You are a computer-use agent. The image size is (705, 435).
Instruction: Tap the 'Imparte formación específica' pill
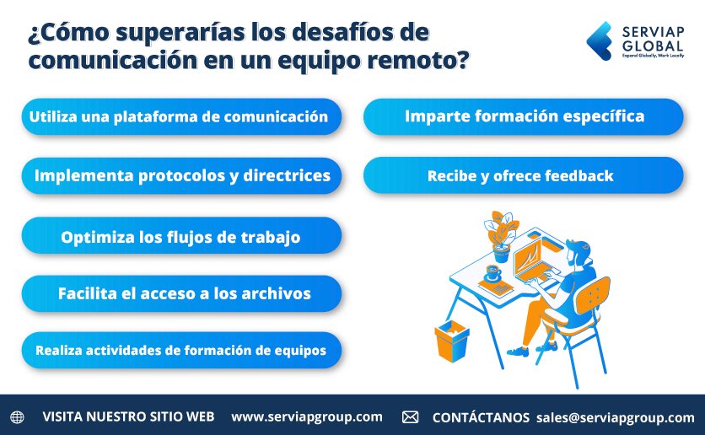[524, 116]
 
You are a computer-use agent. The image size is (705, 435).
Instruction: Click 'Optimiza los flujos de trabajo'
[180, 237]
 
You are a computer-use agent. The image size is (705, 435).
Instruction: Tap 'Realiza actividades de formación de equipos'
[180, 349]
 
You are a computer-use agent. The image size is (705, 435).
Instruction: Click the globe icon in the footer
[18, 417]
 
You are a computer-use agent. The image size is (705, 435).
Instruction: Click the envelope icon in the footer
[410, 417]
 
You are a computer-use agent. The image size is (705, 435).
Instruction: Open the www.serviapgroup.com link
[306, 416]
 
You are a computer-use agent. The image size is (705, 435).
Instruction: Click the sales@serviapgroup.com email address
[615, 417]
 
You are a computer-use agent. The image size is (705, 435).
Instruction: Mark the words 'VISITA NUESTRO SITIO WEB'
[128, 417]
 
